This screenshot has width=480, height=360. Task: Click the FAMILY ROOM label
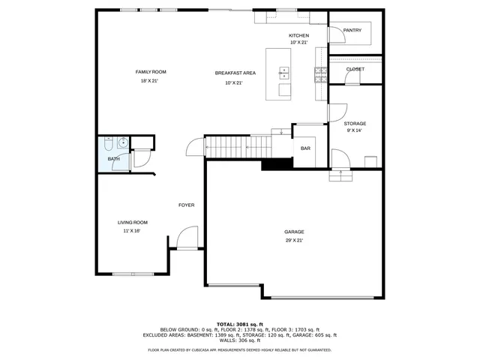tap(151, 72)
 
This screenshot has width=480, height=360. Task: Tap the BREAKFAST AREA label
tap(235, 73)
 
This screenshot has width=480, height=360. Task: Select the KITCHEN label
tap(299, 36)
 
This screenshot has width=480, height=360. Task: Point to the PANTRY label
tap(352, 31)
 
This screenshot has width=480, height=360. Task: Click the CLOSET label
tap(355, 69)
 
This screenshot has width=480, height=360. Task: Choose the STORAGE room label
tap(355, 123)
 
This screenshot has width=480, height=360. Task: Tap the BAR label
tap(305, 148)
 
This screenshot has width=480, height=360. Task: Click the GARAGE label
tap(294, 232)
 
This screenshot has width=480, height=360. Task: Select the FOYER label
tap(186, 205)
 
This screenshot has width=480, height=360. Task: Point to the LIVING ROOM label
tap(132, 222)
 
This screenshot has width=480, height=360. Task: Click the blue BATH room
tap(112, 154)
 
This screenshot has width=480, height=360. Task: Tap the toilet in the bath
tap(109, 140)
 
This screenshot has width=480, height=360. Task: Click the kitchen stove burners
tap(320, 73)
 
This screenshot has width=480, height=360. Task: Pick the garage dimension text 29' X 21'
tap(294, 241)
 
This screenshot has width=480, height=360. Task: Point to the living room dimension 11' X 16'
tap(132, 231)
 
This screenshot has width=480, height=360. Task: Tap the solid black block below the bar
tap(277, 164)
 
